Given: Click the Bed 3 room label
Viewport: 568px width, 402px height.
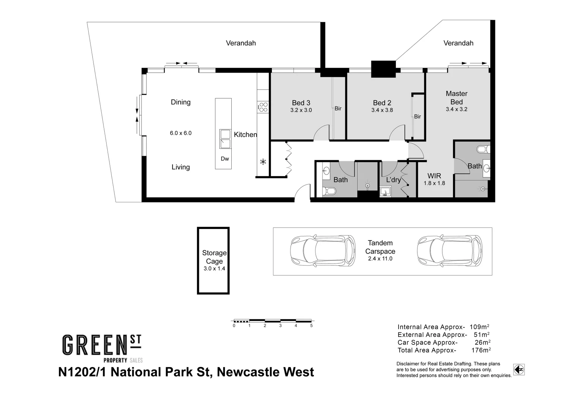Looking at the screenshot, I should coord(301,103).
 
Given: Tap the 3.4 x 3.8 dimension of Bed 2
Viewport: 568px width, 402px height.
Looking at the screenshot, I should coord(382,110).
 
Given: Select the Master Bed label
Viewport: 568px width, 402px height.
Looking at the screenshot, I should coord(456,98).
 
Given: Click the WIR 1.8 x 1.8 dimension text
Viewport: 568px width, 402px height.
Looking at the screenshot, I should coord(434,183).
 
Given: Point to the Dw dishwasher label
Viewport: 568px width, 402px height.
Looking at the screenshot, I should coord(225,159).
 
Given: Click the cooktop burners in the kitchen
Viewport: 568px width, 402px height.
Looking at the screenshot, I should coord(263,107).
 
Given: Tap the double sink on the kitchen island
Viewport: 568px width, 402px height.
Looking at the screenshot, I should coord(225,139).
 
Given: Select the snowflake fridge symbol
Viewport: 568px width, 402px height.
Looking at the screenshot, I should coord(263,162).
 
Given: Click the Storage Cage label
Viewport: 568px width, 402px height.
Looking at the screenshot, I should coord(214,257).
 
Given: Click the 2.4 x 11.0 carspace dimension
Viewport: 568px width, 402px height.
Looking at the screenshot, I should coord(380,259).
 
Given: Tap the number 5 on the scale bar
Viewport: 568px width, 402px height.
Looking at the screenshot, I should coord(311,326).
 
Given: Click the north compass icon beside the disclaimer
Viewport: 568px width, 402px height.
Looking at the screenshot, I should coord(519,370).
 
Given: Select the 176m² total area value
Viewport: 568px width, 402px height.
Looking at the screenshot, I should coord(480,350).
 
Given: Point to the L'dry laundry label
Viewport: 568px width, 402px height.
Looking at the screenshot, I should coord(393,180).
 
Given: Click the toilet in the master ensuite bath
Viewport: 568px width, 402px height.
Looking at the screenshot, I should coord(483,150).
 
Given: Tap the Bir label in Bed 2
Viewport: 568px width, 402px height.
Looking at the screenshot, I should coord(418,117).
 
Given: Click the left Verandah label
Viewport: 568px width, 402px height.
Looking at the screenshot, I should coord(241,43).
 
